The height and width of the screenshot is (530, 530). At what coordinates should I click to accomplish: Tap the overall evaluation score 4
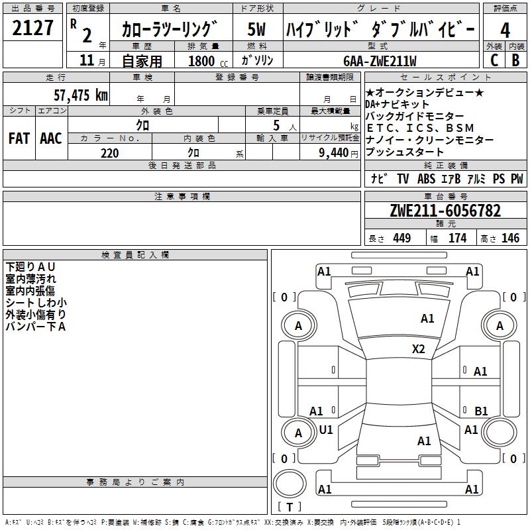click(505, 30)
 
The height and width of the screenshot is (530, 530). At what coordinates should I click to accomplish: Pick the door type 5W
click(257, 30)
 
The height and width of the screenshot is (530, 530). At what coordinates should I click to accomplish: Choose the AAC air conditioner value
click(50, 138)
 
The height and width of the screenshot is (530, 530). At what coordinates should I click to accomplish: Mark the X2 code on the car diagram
click(419, 349)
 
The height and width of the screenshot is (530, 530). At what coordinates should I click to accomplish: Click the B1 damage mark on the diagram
click(481, 411)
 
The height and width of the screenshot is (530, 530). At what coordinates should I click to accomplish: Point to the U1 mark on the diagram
click(326, 430)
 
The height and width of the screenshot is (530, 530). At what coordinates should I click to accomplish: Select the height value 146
click(510, 238)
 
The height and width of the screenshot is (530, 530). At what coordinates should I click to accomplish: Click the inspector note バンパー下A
click(35, 327)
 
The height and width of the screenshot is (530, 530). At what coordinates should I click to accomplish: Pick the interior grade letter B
click(515, 60)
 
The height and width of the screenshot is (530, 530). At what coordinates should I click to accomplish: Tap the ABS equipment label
click(426, 179)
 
